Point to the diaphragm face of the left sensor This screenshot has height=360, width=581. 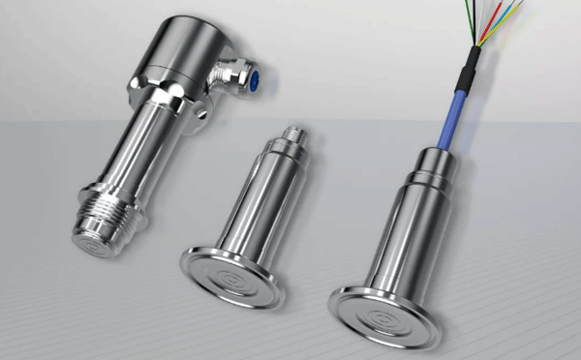coord(95,242)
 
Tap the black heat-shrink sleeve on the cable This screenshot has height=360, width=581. coord(472,64)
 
